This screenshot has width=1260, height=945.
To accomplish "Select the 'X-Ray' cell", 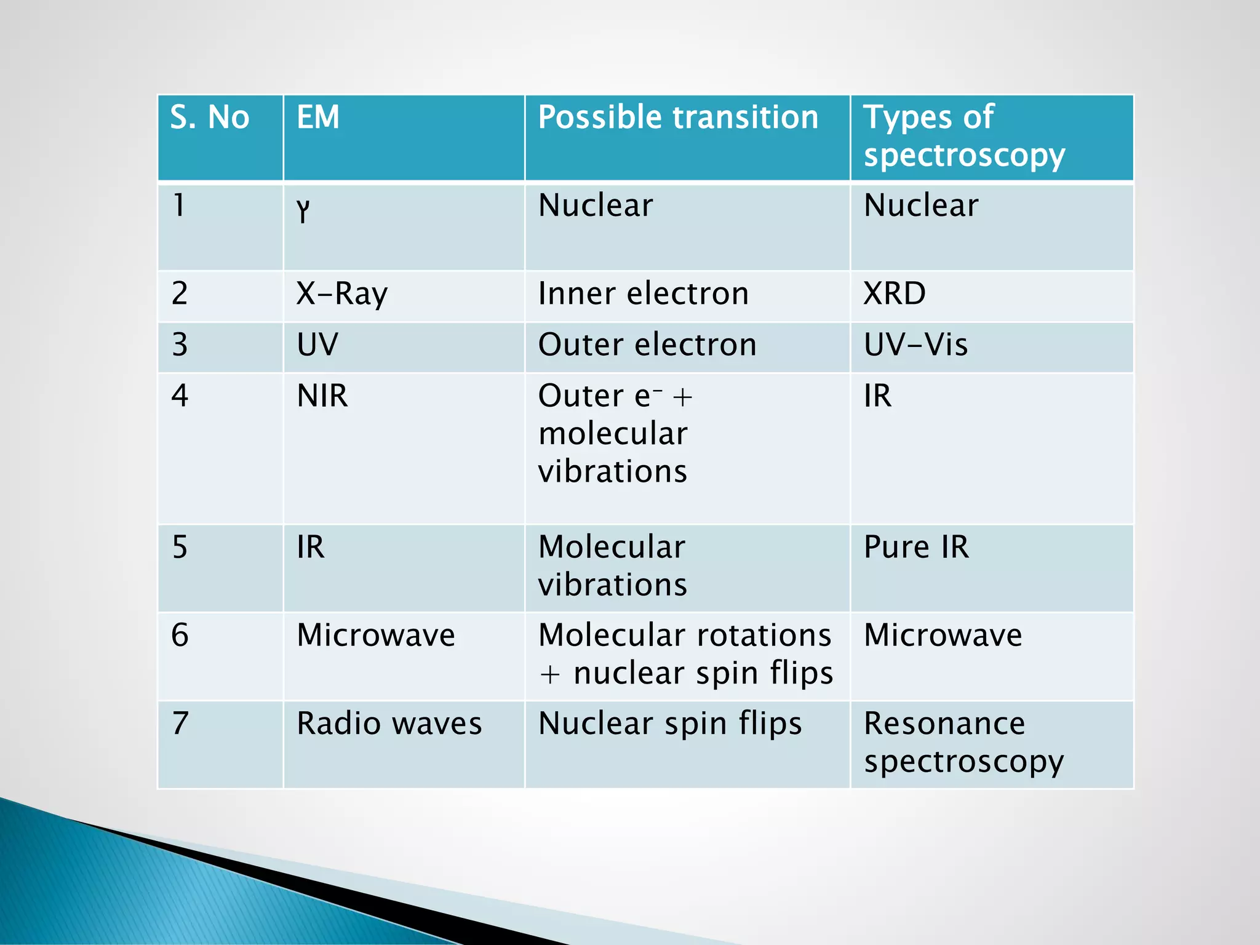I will [342, 293].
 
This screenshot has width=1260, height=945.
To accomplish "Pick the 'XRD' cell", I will [895, 293].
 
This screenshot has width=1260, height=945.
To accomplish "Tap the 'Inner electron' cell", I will [644, 293].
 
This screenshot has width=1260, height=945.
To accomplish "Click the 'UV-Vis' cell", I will [915, 345].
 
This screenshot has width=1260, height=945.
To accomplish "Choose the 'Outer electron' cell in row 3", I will [647, 345].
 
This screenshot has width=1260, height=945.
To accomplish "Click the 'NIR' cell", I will [322, 396].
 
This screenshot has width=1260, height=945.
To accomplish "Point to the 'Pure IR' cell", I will [916, 547].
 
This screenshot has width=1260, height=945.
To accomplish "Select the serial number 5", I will [180, 547].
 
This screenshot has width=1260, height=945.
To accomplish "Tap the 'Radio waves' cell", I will [389, 724].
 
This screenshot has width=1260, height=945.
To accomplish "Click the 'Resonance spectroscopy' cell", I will [963, 742].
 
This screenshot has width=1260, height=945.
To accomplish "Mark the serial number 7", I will [180, 724].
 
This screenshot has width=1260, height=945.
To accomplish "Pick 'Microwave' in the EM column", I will [376, 635].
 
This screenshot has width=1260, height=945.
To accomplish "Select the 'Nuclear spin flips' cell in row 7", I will [670, 724].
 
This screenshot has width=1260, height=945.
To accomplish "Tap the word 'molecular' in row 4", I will [613, 434].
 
